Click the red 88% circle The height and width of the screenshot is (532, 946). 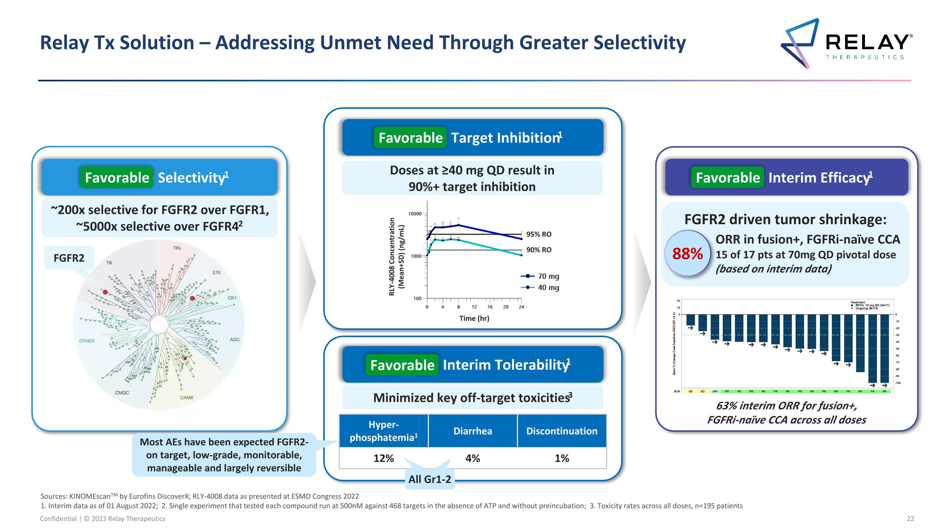[687, 254]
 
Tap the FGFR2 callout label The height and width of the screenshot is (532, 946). [69, 258]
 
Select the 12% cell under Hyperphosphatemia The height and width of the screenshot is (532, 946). [383, 458]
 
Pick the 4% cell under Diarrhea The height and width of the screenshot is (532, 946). [473, 458]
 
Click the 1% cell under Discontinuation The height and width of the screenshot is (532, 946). [562, 458]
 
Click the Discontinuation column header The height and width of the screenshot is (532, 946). [562, 431]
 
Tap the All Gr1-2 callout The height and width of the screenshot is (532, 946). [430, 479]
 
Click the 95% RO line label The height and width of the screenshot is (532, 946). [539, 234]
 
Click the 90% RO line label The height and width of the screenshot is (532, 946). [539, 250]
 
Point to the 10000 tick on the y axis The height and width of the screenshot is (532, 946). [415, 214]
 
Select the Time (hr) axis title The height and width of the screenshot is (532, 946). [474, 318]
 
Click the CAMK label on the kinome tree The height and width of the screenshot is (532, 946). [187, 398]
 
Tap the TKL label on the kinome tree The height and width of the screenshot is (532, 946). [177, 248]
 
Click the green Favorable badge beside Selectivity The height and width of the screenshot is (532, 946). [117, 178]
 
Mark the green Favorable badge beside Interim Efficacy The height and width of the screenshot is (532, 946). [727, 178]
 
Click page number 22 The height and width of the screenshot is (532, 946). [910, 518]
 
